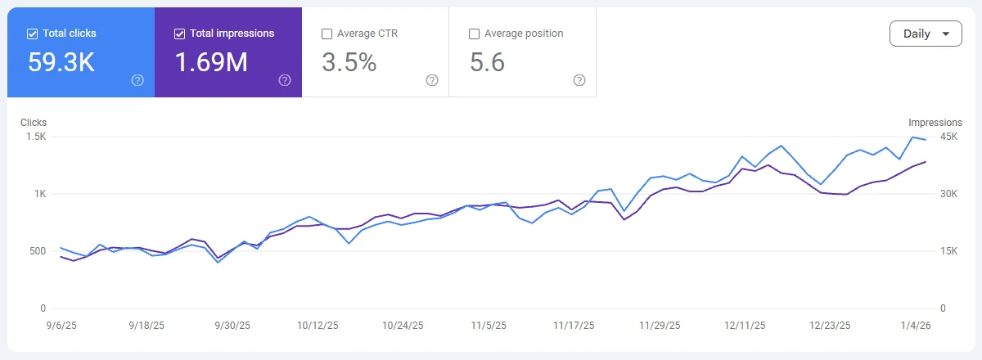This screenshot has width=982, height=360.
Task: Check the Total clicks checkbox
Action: coord(33,34)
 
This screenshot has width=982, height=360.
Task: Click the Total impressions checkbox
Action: coord(180,34)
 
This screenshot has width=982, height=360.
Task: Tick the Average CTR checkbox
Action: coord(327,34)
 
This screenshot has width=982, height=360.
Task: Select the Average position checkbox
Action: coord(474,34)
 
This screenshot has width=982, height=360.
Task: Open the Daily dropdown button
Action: coord(926,34)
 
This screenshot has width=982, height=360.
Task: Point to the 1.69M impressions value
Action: coord(211,62)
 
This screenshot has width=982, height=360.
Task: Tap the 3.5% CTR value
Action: coord(349,62)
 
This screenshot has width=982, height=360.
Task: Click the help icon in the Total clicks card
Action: coord(137,80)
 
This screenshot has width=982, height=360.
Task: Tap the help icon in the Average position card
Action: coord(579,80)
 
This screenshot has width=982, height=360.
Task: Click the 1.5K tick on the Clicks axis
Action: coord(35,137)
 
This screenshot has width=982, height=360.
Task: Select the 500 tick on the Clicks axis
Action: coord(37,251)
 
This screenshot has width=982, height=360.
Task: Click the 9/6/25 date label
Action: coord(62,326)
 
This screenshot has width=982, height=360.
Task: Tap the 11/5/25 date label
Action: coord(489,326)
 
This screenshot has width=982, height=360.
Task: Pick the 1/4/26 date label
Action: coord(915,326)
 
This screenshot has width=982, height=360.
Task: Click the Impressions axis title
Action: coord(935,123)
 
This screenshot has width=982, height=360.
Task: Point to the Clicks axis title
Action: coord(34,123)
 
